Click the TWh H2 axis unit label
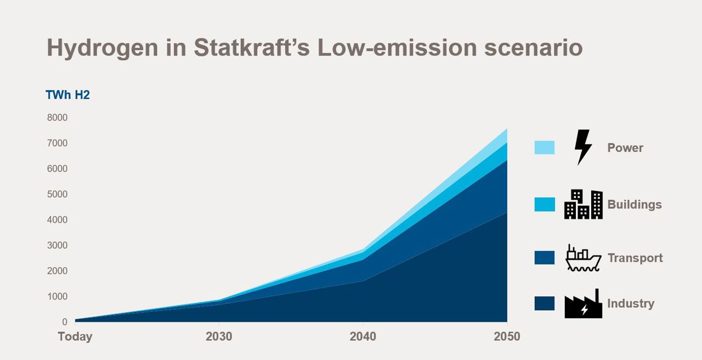(67, 95)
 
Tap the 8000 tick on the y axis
(57, 117)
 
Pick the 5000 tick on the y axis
(57, 194)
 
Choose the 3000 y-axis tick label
(57, 245)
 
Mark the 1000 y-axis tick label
(57, 296)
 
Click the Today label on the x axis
(75, 336)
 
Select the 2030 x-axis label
(219, 336)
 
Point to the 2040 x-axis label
(363, 336)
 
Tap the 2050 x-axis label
(507, 336)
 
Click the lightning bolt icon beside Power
(582, 147)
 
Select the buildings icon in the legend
(583, 204)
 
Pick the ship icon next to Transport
(583, 258)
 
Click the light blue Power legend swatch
(544, 148)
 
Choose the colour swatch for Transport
(544, 258)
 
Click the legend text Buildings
(635, 205)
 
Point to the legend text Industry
(631, 303)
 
